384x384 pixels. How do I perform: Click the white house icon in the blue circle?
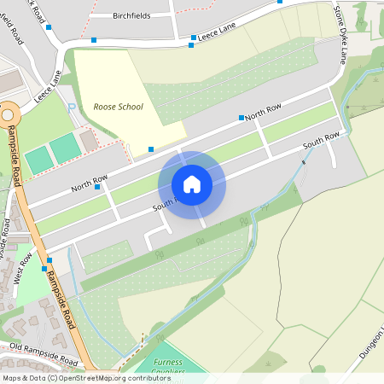click(x=192, y=183)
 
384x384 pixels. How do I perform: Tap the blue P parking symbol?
click(x=72, y=108)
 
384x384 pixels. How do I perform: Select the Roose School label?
click(x=119, y=107)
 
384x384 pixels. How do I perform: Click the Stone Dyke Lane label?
click(x=341, y=33)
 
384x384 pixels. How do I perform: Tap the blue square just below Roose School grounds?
click(x=151, y=149)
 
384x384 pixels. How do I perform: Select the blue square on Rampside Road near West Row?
click(x=49, y=259)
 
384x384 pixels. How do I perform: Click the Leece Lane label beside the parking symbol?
click(x=49, y=88)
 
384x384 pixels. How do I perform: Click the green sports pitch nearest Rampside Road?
click(x=38, y=159)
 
